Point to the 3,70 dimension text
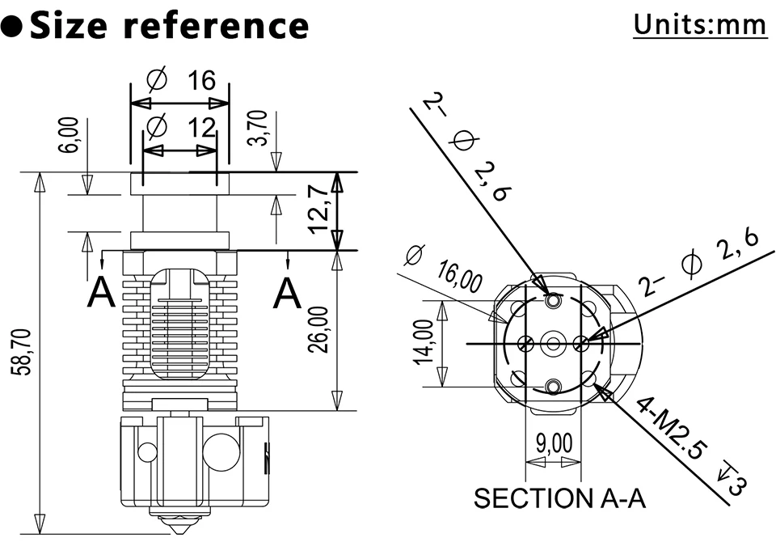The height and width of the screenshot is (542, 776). pos(259,129)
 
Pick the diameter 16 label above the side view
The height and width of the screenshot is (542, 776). pos(182,81)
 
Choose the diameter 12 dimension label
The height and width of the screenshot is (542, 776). pos(182,127)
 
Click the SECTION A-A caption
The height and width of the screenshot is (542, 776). pos(560,498)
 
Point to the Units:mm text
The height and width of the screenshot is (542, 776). pos(699,24)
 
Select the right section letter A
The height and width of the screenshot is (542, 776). pos(287,293)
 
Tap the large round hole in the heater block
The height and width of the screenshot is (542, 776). pos(221,451)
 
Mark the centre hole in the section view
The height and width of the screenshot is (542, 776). pos(553,343)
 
